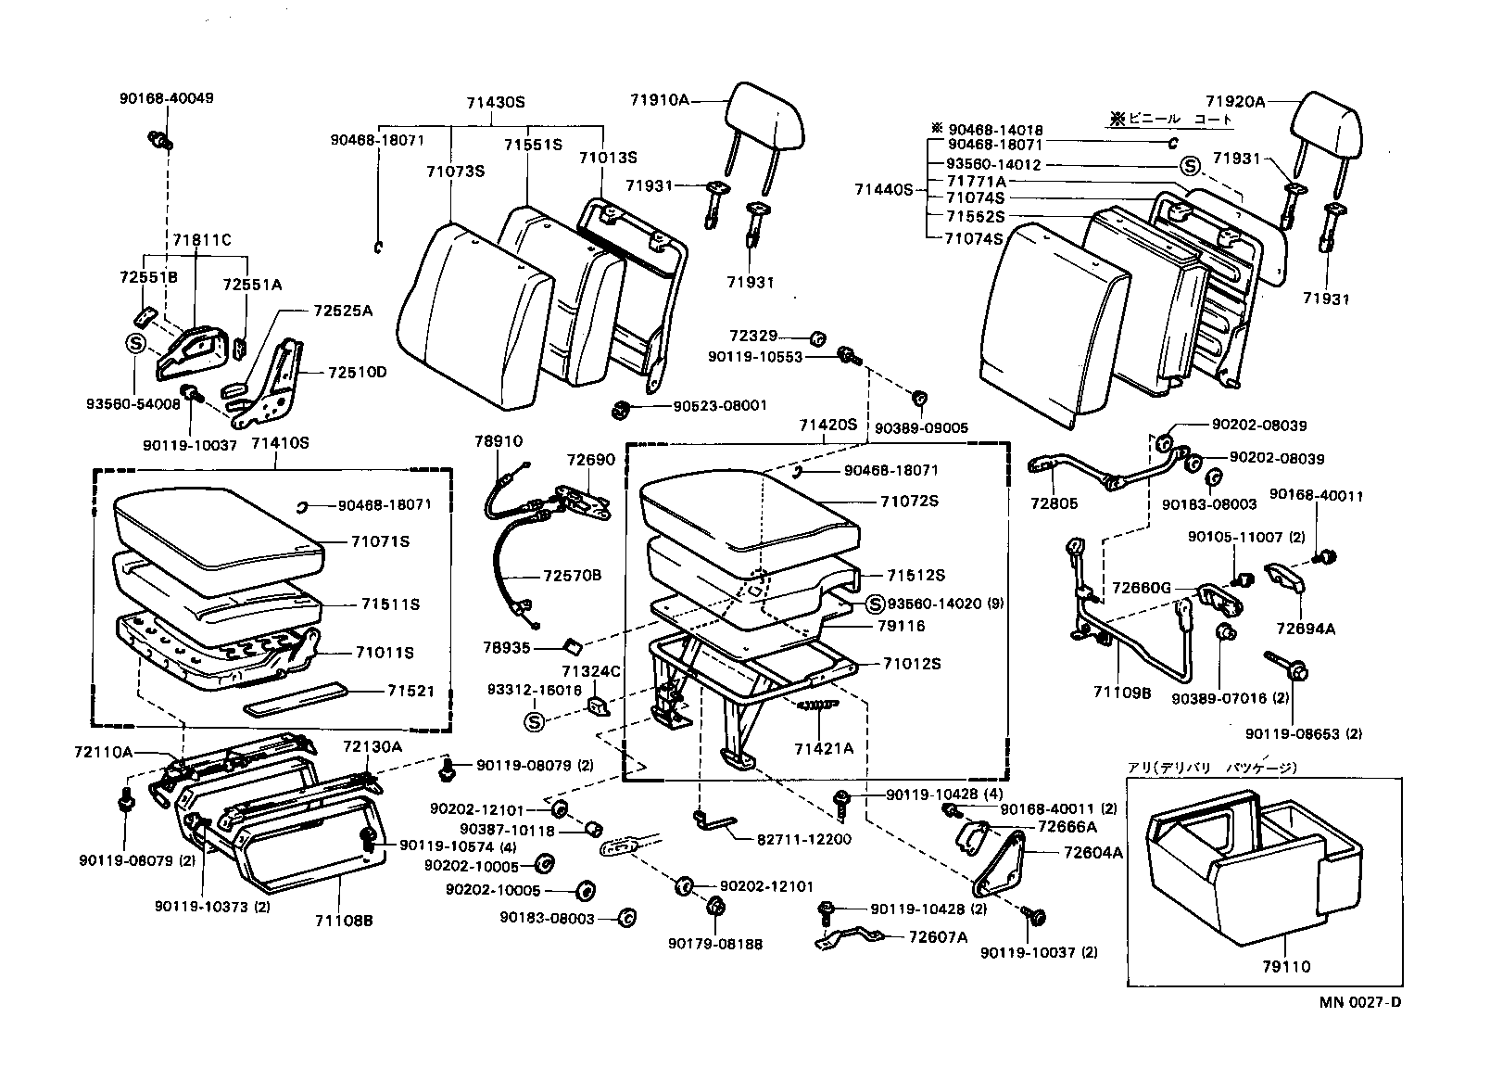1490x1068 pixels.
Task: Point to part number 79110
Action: pos(1285,967)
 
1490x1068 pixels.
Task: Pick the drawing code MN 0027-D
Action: pos(1360,1002)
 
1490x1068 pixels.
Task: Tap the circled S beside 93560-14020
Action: pos(875,604)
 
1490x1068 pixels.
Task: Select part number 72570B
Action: pos(572,576)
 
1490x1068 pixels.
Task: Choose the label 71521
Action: pos(410,692)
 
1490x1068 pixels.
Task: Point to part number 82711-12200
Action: pos(804,839)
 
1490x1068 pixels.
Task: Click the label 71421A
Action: pos(824,747)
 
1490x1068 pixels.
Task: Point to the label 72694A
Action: pos(1305,628)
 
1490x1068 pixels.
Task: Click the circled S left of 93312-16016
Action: pos(534,721)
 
